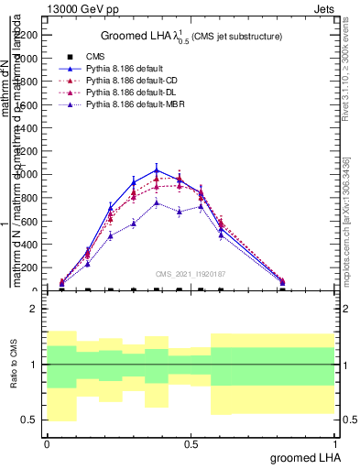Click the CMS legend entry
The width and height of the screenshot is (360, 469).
click(95, 57)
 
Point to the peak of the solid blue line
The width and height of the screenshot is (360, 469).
click(157, 169)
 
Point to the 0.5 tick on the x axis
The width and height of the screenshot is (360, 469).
click(191, 442)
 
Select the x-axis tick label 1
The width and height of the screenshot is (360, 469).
click(335, 442)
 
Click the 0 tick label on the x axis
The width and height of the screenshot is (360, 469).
click(47, 442)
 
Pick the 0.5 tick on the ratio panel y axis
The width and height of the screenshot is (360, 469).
click(30, 420)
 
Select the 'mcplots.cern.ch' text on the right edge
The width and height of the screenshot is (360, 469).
click(353, 247)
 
